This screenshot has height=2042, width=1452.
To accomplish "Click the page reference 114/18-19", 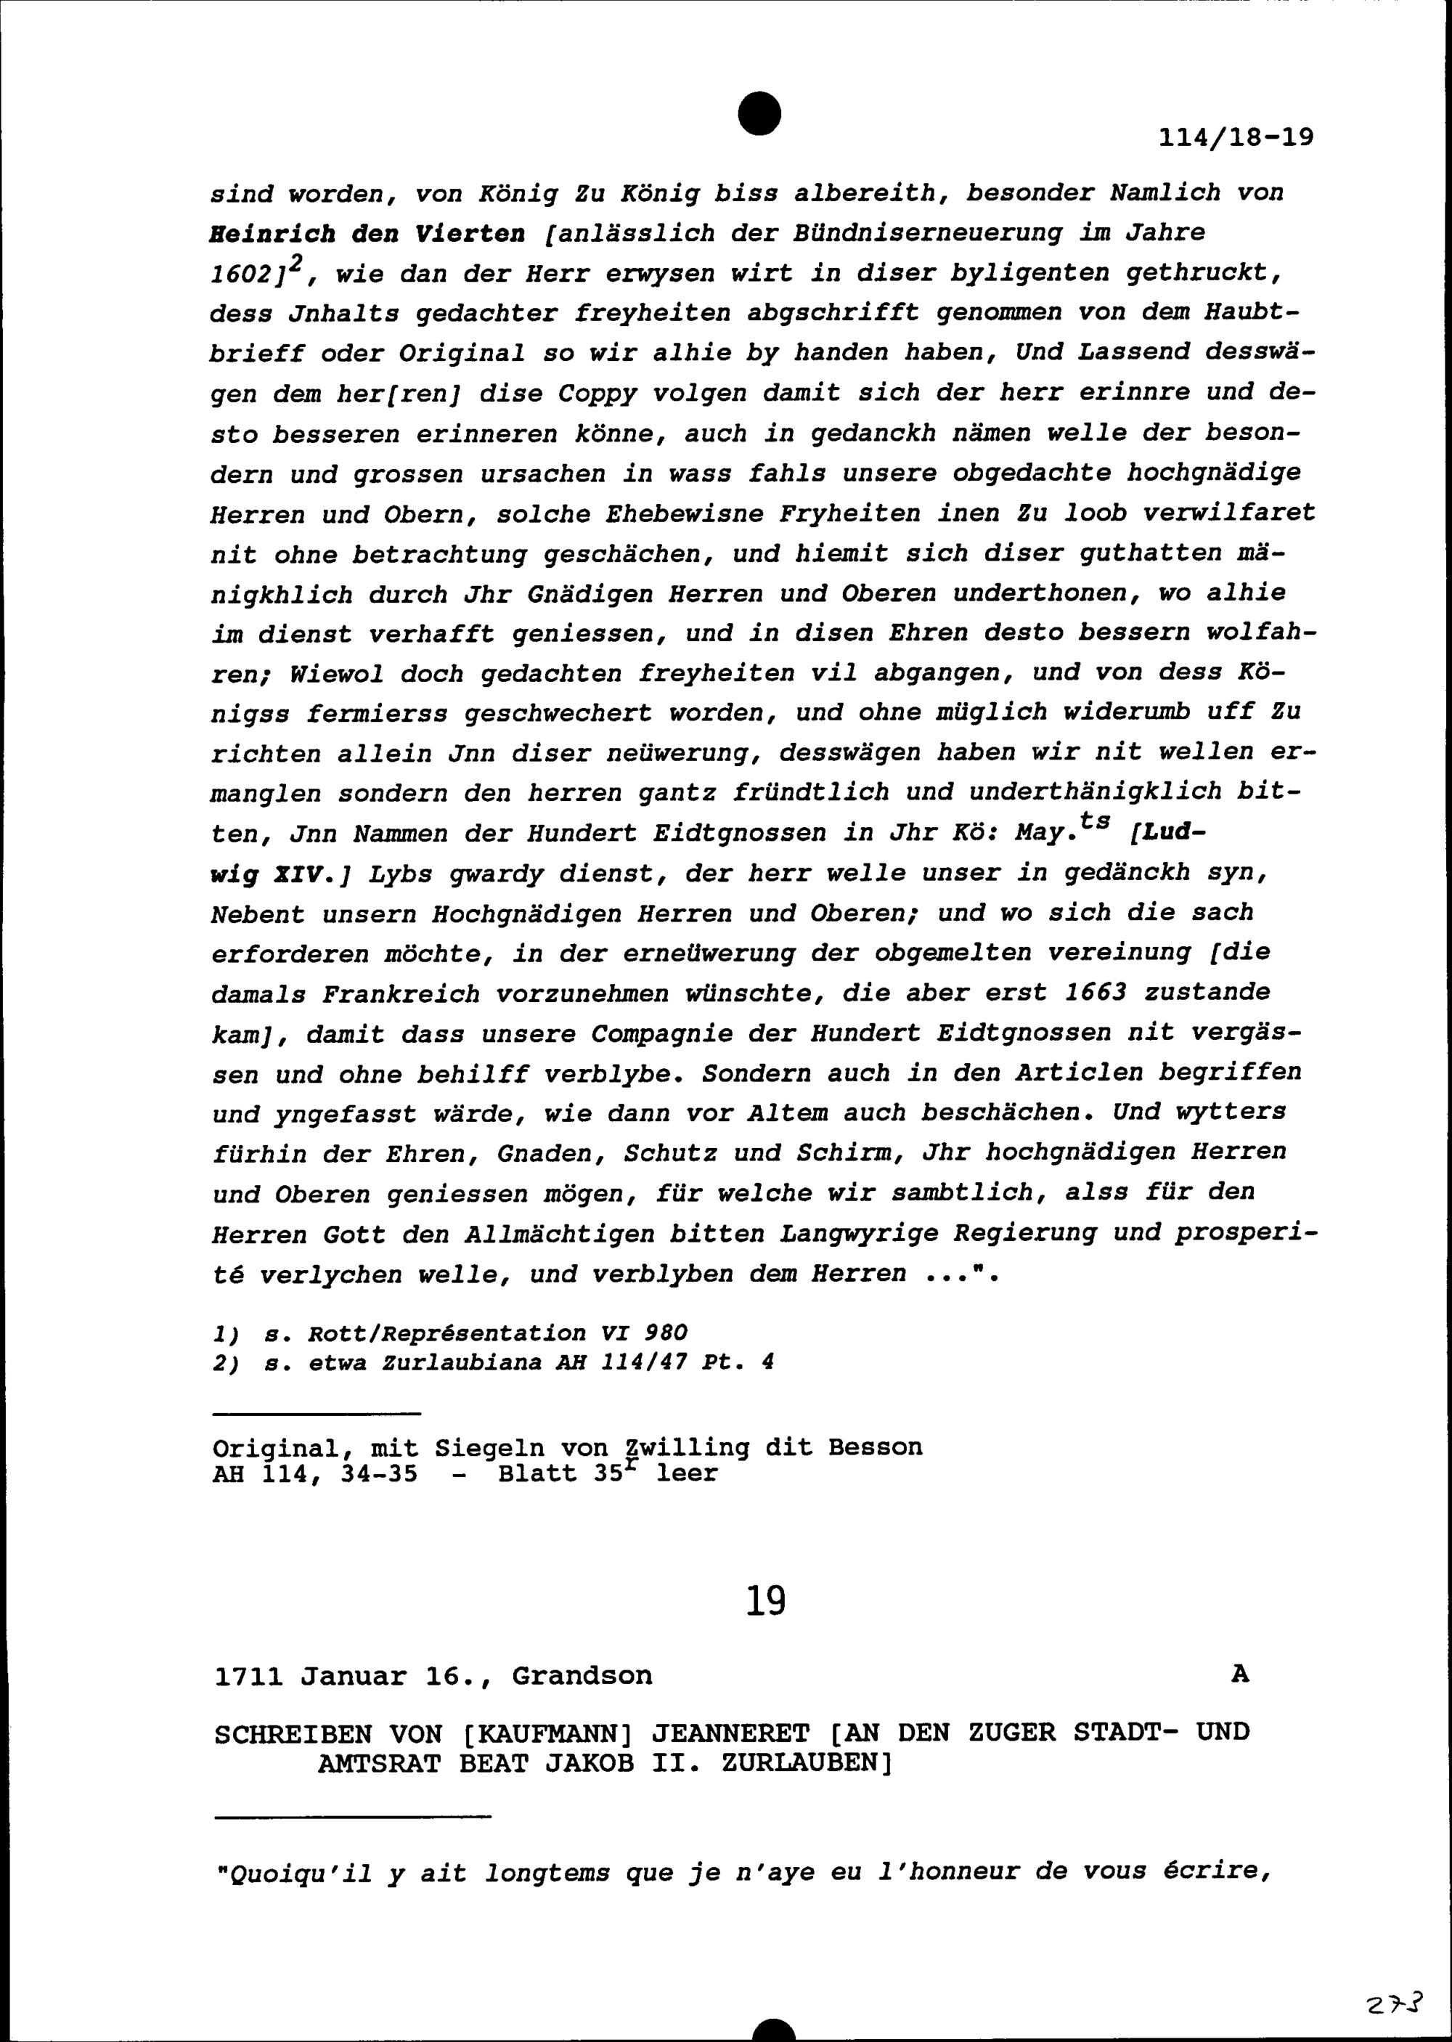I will coord(1236,138).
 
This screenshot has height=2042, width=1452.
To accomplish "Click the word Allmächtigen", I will coord(559,1234).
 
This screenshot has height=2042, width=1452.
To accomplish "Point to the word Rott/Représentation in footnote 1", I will coord(446,1333).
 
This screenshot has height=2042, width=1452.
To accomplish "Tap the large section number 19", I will coord(765,1600).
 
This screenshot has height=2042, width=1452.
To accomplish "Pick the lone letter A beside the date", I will coord(1239,1674).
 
